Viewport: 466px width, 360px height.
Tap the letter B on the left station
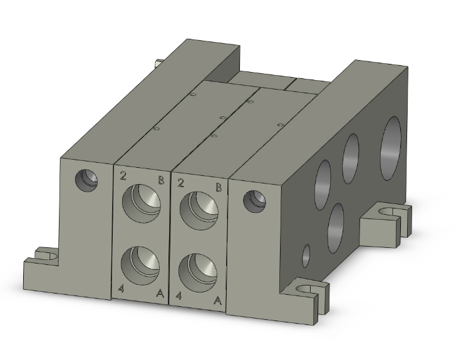(161, 181)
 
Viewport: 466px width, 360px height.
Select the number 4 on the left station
(122, 288)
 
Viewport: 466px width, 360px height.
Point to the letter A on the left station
(160, 293)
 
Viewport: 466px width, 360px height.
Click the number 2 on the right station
(181, 182)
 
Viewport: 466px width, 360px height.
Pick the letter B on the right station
(219, 187)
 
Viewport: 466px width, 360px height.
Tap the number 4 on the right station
(180, 295)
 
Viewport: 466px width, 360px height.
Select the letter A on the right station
(217, 301)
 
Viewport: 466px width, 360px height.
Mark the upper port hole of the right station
(199, 208)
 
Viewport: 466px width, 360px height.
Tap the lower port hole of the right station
(197, 270)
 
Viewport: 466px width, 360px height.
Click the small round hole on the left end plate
(86, 180)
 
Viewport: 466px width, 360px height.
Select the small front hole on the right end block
(255, 201)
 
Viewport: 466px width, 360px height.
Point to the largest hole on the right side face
(393, 142)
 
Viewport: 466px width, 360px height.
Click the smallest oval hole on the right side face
(306, 255)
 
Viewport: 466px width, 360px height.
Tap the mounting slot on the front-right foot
(308, 289)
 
